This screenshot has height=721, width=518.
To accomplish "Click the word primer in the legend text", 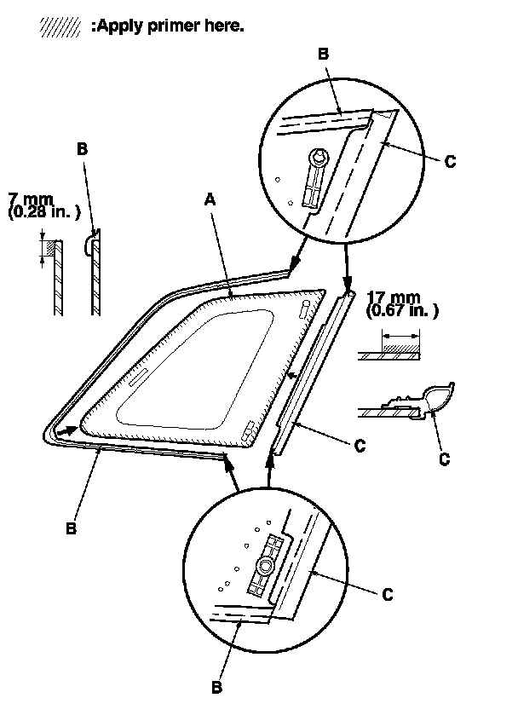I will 170,26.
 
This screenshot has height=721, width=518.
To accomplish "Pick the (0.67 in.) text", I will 404,312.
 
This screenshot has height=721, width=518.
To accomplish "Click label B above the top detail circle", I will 323,53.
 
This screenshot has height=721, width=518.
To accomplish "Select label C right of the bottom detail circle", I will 388,594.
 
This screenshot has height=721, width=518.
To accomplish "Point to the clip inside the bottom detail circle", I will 266,566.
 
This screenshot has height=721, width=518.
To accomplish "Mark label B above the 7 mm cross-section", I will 83,148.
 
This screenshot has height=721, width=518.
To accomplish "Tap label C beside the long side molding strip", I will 360,444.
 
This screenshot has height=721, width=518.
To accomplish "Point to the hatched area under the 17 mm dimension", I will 400,349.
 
